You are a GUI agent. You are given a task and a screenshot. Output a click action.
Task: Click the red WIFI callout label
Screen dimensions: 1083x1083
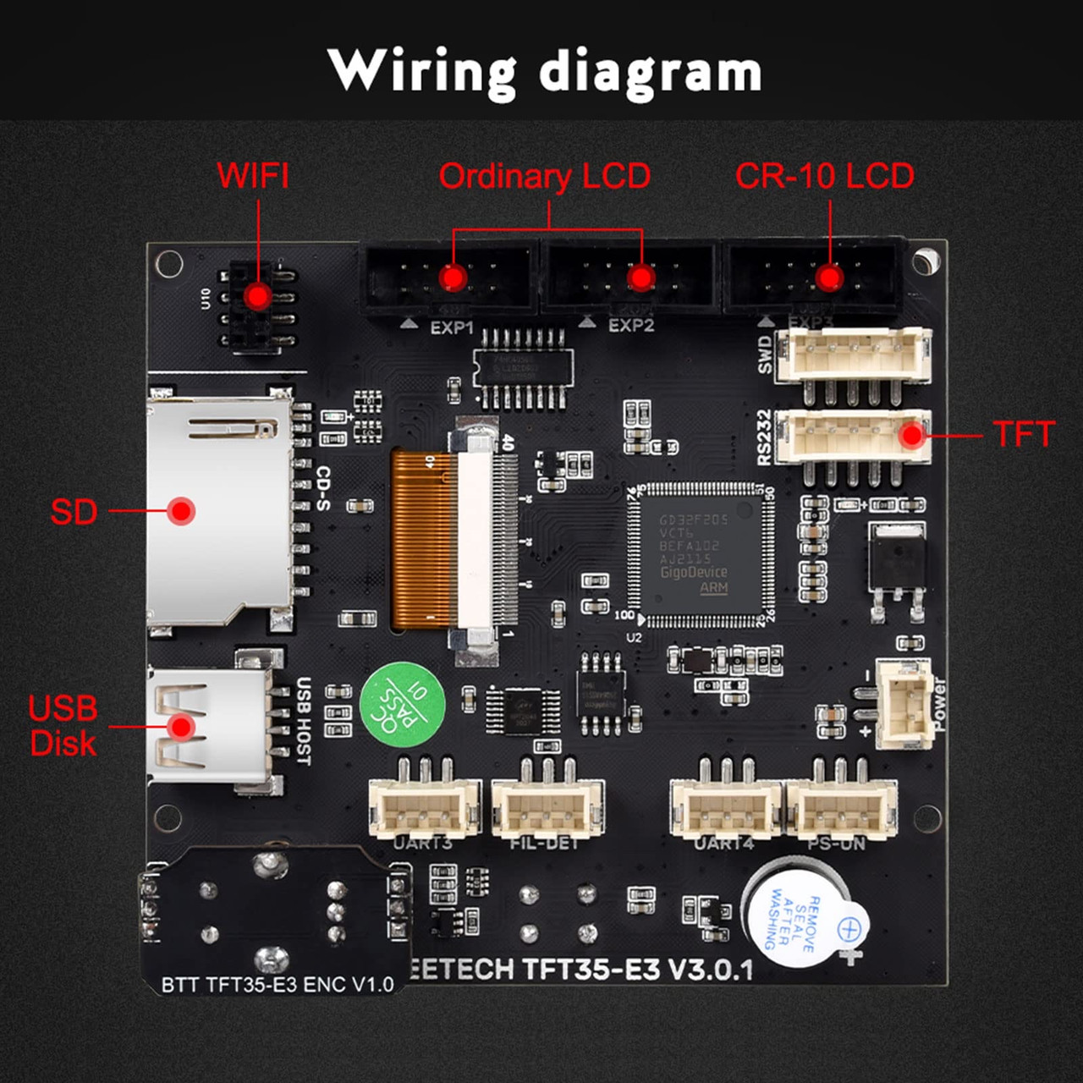click(253, 176)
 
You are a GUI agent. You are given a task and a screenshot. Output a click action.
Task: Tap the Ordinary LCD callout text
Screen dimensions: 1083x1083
click(544, 177)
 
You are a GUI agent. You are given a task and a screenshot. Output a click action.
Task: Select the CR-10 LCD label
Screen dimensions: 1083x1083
click(825, 176)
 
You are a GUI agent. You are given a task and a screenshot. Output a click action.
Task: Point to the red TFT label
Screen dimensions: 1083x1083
click(1025, 434)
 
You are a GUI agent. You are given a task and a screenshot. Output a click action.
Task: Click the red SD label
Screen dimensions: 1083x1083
click(74, 512)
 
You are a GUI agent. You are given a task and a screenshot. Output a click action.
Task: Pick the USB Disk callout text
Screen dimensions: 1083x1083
click(63, 726)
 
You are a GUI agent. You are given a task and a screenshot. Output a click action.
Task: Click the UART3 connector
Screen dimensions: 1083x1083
click(424, 807)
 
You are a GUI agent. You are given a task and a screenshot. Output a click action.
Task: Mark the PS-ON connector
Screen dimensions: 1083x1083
click(842, 807)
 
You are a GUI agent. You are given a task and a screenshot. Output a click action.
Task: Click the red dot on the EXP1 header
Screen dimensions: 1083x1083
click(453, 278)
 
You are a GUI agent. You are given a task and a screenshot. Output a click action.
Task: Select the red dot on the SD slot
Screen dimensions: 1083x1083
click(181, 511)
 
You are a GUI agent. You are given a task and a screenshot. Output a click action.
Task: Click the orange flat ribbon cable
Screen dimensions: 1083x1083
click(422, 540)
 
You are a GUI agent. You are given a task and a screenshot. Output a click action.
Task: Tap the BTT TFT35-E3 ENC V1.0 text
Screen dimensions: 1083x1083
click(278, 985)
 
